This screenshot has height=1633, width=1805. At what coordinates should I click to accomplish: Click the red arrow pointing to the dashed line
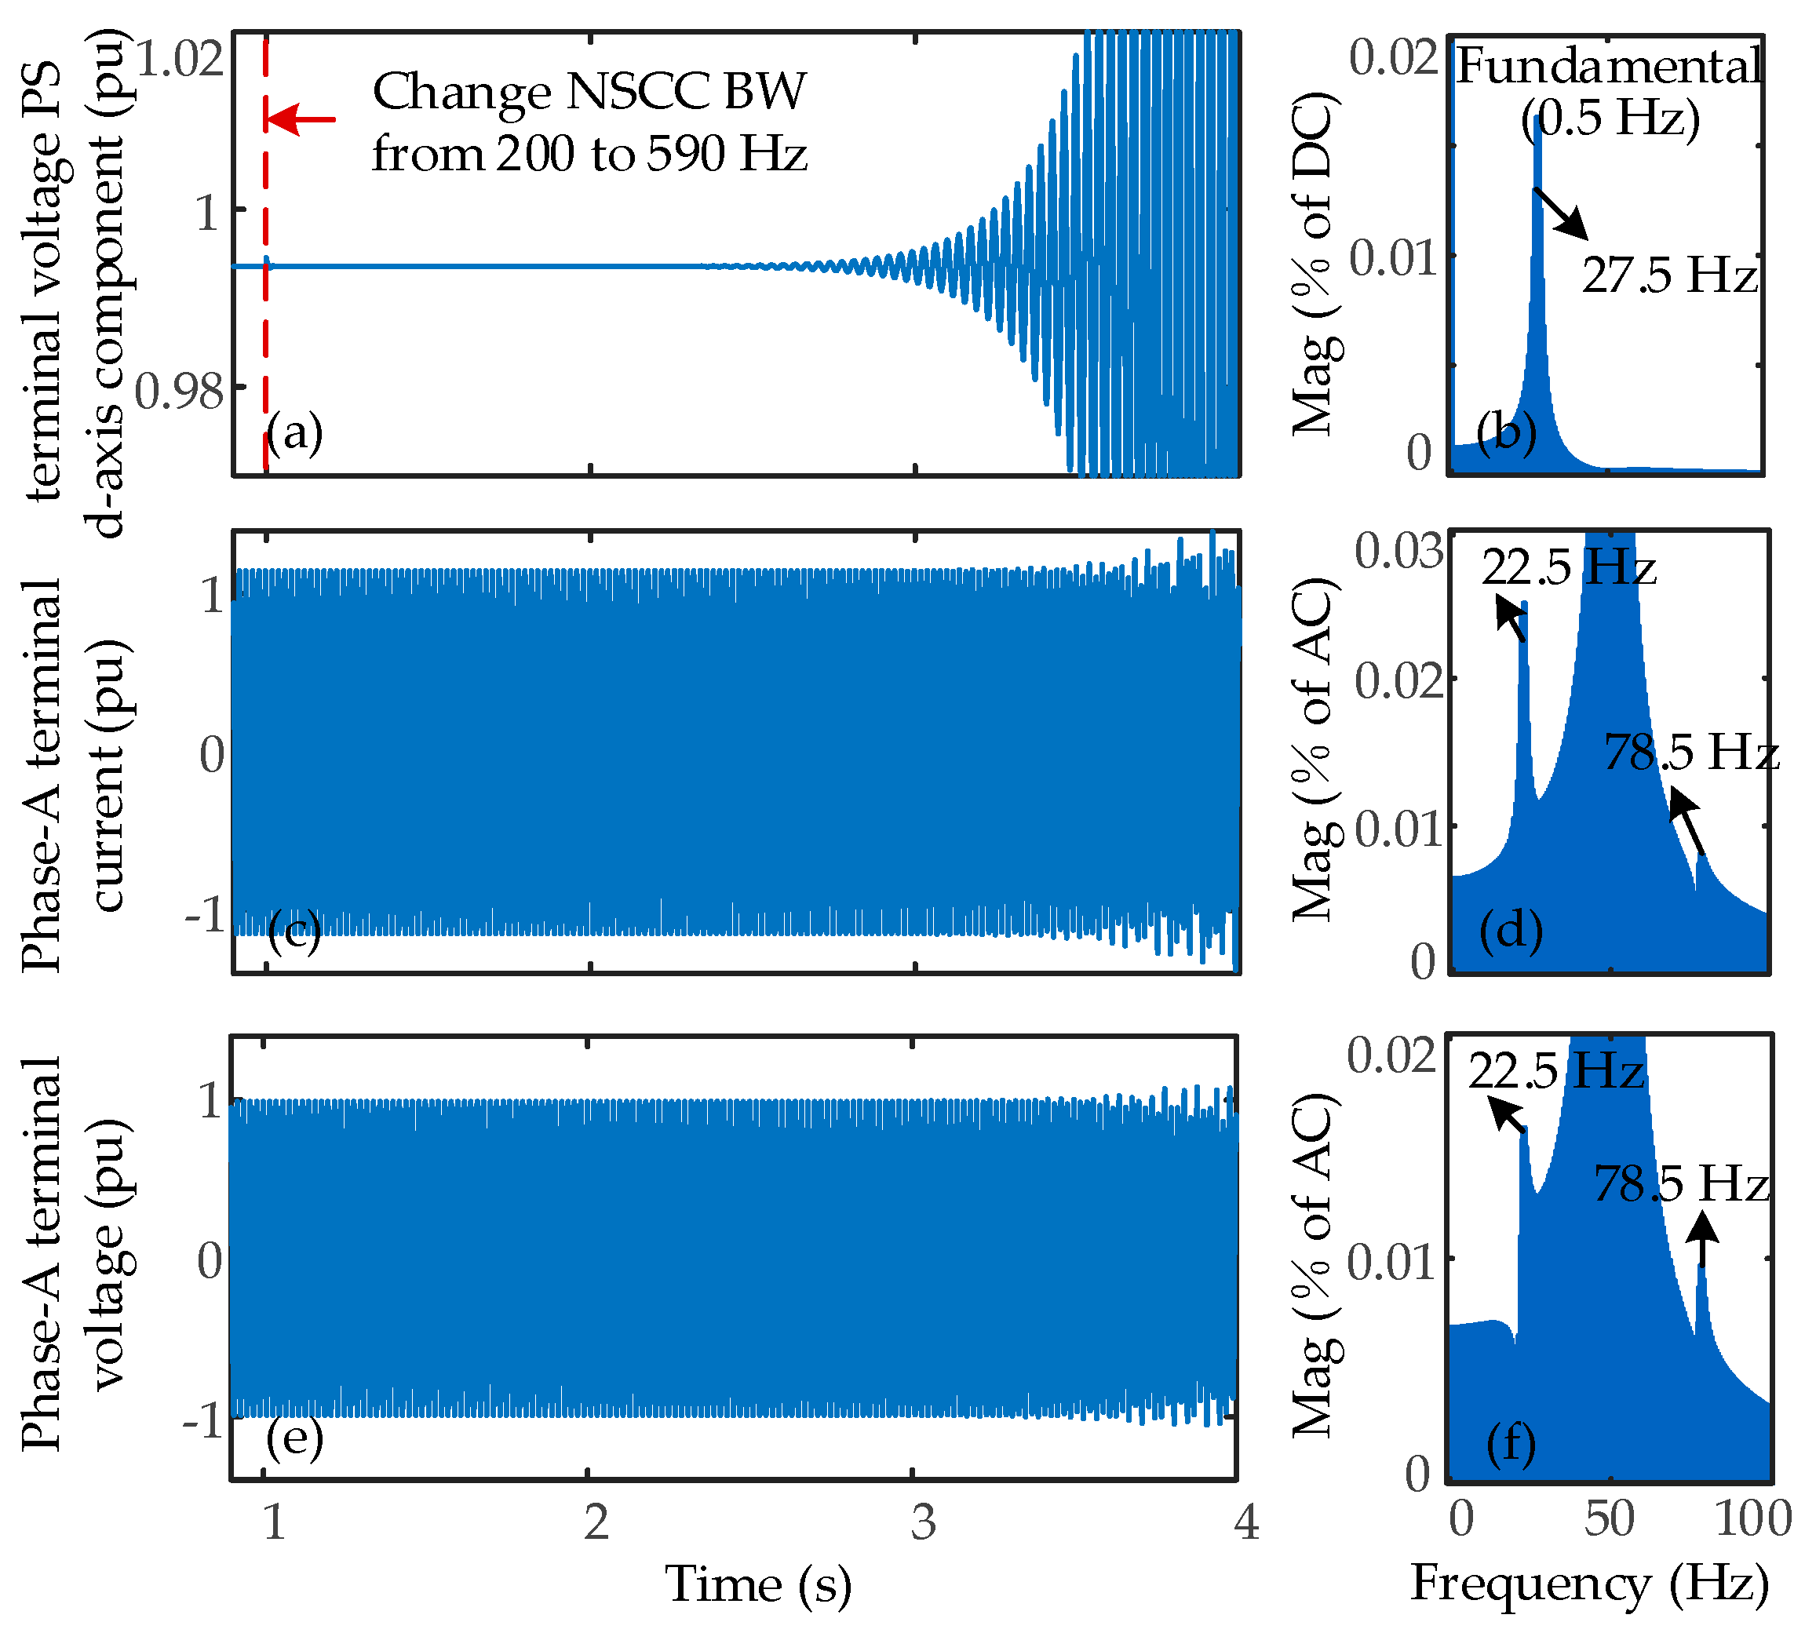pyautogui.click(x=301, y=119)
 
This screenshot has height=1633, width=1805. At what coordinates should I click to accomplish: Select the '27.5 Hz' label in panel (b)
pyautogui.click(x=1668, y=274)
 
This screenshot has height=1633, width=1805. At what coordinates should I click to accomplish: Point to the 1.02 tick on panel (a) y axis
pyautogui.click(x=178, y=59)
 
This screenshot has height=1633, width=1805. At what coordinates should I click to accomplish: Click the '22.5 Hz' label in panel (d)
pyautogui.click(x=1568, y=567)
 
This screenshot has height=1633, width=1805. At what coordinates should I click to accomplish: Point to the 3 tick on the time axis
pyautogui.click(x=923, y=1521)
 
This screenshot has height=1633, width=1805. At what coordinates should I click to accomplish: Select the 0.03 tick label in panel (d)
pyautogui.click(x=1398, y=550)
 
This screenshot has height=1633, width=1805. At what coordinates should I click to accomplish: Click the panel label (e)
pyautogui.click(x=294, y=1438)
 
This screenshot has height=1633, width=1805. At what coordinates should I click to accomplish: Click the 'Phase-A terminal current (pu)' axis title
pyautogui.click(x=76, y=775)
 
